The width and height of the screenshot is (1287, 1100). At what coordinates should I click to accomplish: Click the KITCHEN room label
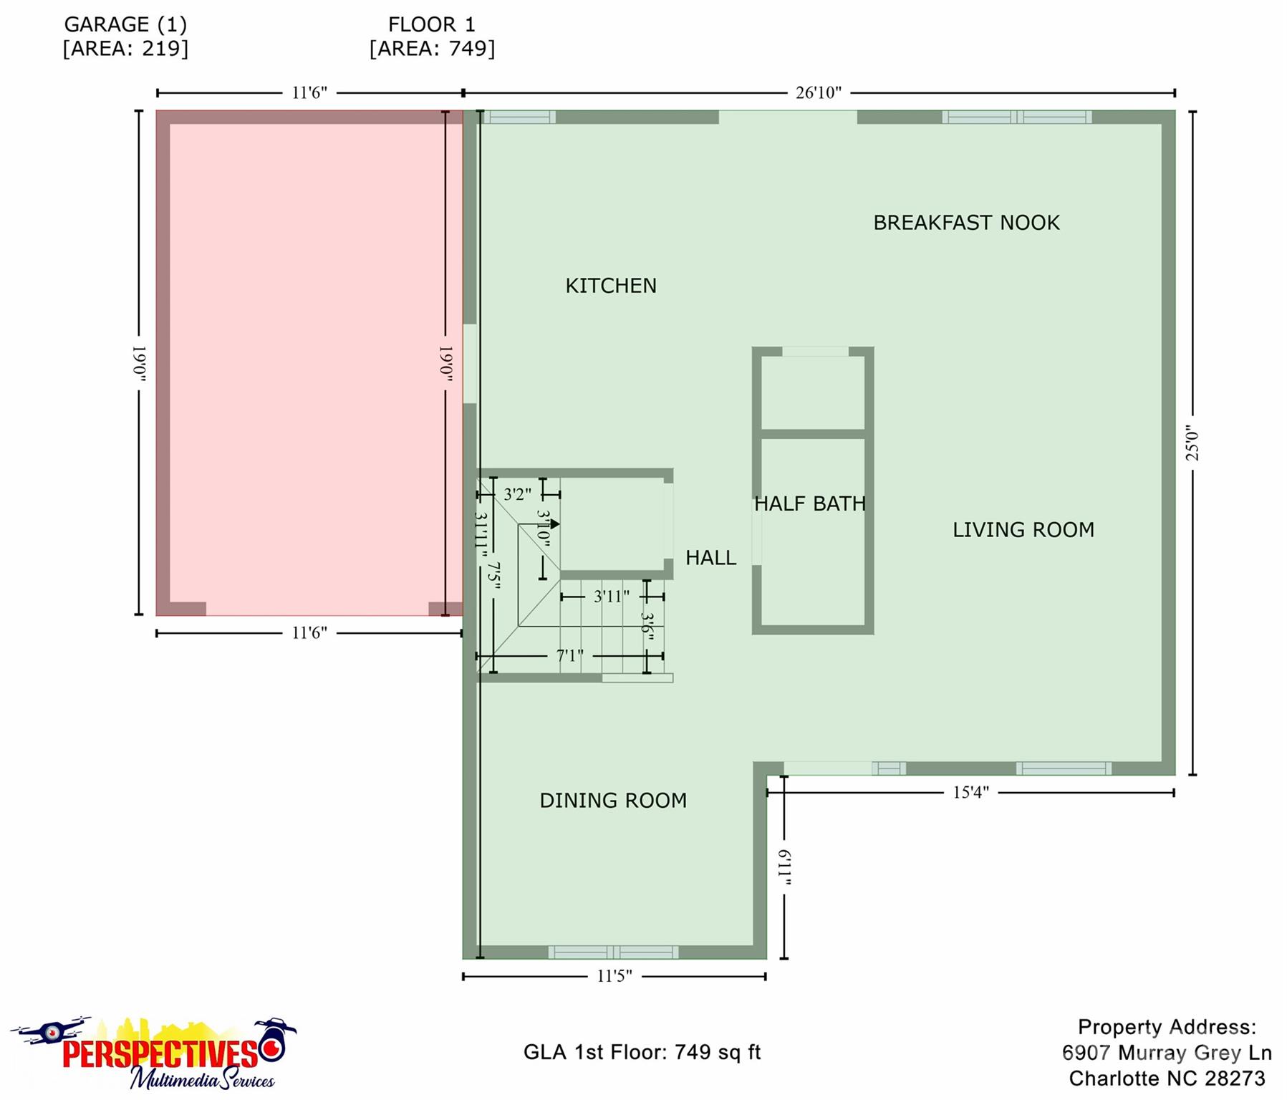pyautogui.click(x=611, y=286)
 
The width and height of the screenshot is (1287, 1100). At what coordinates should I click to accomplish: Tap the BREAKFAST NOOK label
pyautogui.click(x=966, y=223)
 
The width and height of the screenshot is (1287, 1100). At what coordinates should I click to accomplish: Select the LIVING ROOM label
pyautogui.click(x=1023, y=530)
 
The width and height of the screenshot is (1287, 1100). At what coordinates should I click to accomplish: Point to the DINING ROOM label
pyautogui.click(x=613, y=801)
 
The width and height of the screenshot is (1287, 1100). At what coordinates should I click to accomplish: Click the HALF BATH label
pyautogui.click(x=810, y=504)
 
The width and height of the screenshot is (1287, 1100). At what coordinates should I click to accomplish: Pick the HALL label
pyautogui.click(x=710, y=558)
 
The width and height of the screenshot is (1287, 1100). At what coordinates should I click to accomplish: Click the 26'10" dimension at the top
pyautogui.click(x=819, y=93)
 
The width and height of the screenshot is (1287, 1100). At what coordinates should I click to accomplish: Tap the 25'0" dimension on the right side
pyautogui.click(x=1192, y=443)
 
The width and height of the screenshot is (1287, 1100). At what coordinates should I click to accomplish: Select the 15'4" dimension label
pyautogui.click(x=970, y=793)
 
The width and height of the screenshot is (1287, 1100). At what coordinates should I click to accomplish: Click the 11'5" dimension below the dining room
pyautogui.click(x=614, y=976)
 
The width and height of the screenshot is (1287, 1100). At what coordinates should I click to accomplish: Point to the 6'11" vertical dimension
pyautogui.click(x=784, y=867)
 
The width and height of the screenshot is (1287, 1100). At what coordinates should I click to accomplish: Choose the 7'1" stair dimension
pyautogui.click(x=570, y=656)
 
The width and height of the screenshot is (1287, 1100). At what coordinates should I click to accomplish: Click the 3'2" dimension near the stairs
pyautogui.click(x=517, y=494)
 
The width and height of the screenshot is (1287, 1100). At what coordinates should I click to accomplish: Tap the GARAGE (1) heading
pyautogui.click(x=126, y=25)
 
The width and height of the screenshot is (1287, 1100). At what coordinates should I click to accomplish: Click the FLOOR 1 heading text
pyautogui.click(x=432, y=25)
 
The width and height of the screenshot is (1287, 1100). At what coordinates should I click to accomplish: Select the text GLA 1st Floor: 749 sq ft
pyautogui.click(x=642, y=1052)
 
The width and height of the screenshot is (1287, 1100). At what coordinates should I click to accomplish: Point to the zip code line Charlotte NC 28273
pyautogui.click(x=1167, y=1079)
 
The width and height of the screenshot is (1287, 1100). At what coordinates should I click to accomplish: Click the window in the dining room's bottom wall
pyautogui.click(x=613, y=952)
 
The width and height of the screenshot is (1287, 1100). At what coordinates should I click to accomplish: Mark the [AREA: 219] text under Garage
pyautogui.click(x=126, y=49)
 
